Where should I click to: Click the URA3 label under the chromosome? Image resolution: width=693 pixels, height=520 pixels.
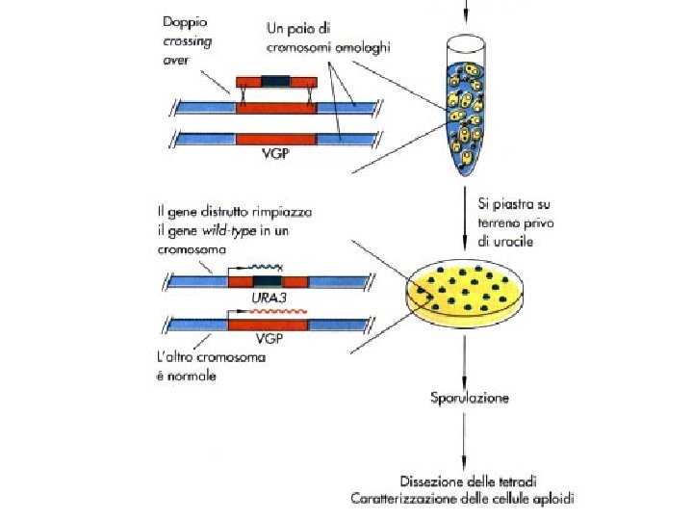click(270, 299)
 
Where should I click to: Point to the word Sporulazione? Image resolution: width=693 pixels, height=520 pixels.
click(469, 397)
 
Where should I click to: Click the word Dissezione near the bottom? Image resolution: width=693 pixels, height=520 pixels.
click(430, 480)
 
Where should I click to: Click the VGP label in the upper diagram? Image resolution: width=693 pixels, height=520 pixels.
click(276, 155)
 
